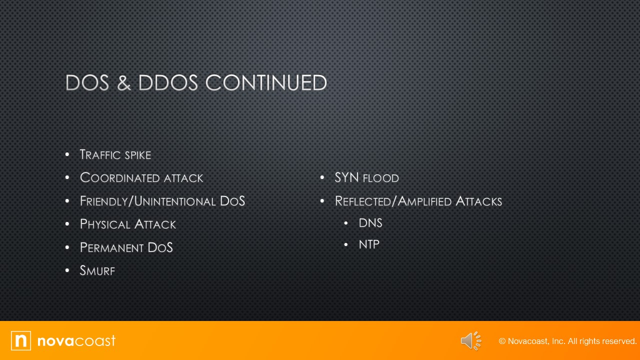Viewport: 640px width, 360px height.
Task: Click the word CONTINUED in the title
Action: point(266,83)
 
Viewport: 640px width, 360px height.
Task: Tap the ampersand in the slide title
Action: point(124,83)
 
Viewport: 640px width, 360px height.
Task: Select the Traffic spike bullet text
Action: point(115,155)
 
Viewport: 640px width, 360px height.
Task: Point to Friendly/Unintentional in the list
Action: point(147,201)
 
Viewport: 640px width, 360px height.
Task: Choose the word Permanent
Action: point(111,247)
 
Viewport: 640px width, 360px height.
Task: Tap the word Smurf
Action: point(97,271)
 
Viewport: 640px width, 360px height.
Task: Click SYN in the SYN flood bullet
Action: point(346,177)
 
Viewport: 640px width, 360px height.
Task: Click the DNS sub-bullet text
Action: point(370,223)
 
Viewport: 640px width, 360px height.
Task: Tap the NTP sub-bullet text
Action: point(369,244)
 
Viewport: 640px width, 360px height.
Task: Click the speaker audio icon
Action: point(470,341)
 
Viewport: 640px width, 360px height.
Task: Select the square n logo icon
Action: point(21,341)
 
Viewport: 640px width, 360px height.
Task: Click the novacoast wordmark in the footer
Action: point(76,341)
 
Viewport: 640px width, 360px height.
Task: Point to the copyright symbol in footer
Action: point(502,341)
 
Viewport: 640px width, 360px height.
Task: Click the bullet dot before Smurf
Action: point(67,271)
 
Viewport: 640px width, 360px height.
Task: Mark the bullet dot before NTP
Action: point(346,244)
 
